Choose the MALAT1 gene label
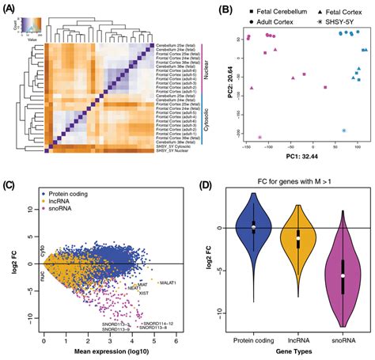(x=169, y=282)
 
